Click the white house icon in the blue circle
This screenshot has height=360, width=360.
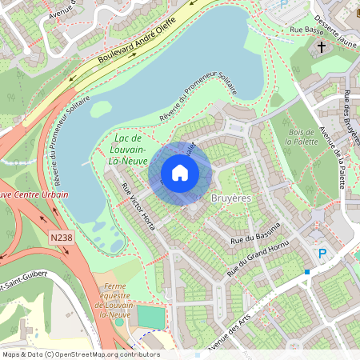(x=180, y=173)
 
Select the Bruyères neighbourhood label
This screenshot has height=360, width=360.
(x=231, y=197)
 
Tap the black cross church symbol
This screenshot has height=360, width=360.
(x=322, y=47)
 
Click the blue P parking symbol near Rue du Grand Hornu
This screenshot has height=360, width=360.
(x=323, y=254)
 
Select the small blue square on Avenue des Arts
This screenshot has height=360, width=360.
(x=306, y=272)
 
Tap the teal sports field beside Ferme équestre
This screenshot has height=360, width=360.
(x=150, y=317)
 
